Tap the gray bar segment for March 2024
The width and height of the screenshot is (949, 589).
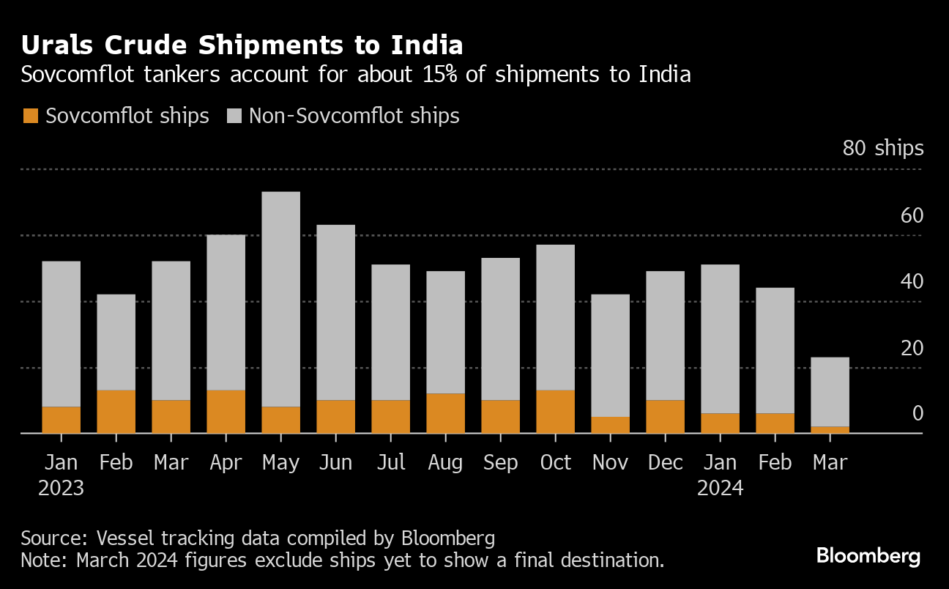(x=830, y=392)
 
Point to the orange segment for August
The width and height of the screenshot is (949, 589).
(x=445, y=413)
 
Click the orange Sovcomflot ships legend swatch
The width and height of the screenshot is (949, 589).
(x=31, y=116)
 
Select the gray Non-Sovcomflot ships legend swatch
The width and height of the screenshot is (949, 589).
(x=234, y=116)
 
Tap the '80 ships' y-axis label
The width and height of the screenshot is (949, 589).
(x=883, y=149)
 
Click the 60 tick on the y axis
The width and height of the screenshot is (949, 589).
(x=912, y=216)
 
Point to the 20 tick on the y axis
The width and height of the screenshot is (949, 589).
(x=912, y=348)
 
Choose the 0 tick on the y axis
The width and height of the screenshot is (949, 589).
(x=918, y=414)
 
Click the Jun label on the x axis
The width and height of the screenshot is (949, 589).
(x=335, y=463)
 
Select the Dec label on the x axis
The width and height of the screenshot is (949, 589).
(x=665, y=463)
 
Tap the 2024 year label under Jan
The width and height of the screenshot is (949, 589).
(x=720, y=488)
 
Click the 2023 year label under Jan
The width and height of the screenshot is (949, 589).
(x=61, y=488)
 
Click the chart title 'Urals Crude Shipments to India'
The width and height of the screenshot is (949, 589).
(x=242, y=45)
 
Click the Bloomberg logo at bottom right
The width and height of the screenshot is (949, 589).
(x=868, y=556)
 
